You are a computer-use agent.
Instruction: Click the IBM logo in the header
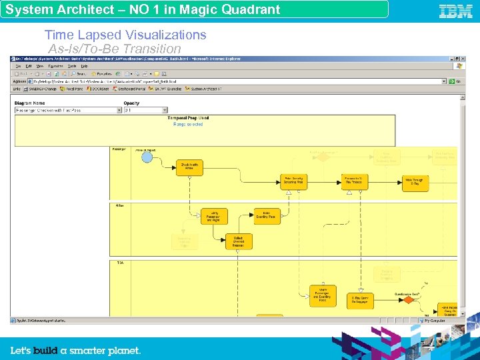[455, 11]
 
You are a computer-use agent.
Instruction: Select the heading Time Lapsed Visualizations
[125, 35]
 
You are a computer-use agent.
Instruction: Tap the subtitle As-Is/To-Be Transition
[115, 49]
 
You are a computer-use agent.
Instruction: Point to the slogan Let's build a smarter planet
[75, 350]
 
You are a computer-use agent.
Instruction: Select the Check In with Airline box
[189, 167]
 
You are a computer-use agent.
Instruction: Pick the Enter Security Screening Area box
[293, 181]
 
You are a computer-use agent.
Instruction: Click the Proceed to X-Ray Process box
[354, 181]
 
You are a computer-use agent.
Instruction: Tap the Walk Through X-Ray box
[415, 181]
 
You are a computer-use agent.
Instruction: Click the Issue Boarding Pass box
[267, 215]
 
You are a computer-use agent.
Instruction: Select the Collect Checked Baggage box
[239, 241]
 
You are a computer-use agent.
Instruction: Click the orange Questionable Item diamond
[408, 300]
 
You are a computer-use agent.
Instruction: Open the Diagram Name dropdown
[67, 110]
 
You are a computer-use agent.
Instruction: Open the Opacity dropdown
[145, 110]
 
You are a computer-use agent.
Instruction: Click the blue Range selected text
[188, 124]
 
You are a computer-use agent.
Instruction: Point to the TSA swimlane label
[120, 263]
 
